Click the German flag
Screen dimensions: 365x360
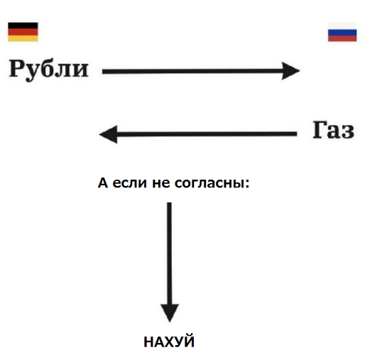pyautogui.click(x=23, y=32)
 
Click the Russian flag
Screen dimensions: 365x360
pyautogui.click(x=342, y=32)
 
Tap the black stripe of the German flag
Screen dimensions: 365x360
pyautogui.click(x=23, y=26)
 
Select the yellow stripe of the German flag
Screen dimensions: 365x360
pyautogui.click(x=23, y=38)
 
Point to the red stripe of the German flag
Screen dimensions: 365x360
pyautogui.click(x=23, y=32)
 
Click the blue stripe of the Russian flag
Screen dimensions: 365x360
pyautogui.click(x=342, y=33)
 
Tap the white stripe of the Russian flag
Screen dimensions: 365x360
pyautogui.click(x=342, y=26)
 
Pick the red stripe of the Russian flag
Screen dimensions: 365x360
pyautogui.click(x=342, y=38)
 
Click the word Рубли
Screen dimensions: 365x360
pyautogui.click(x=49, y=70)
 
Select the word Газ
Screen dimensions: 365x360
pyautogui.click(x=334, y=130)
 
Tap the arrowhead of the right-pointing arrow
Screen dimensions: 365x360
pyautogui.click(x=291, y=71)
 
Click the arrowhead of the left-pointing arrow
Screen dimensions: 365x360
pyautogui.click(x=108, y=134)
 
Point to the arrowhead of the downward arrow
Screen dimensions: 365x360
pyautogui.click(x=170, y=313)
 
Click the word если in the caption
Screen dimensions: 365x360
pyautogui.click(x=130, y=183)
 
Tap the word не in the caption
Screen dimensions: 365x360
pyautogui.click(x=161, y=183)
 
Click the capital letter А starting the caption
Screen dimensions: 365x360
pyautogui.click(x=103, y=182)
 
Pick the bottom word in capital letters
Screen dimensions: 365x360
pyautogui.click(x=169, y=341)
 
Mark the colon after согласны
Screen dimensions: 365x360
pyautogui.click(x=247, y=184)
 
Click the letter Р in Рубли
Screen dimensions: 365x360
pyautogui.click(x=16, y=68)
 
